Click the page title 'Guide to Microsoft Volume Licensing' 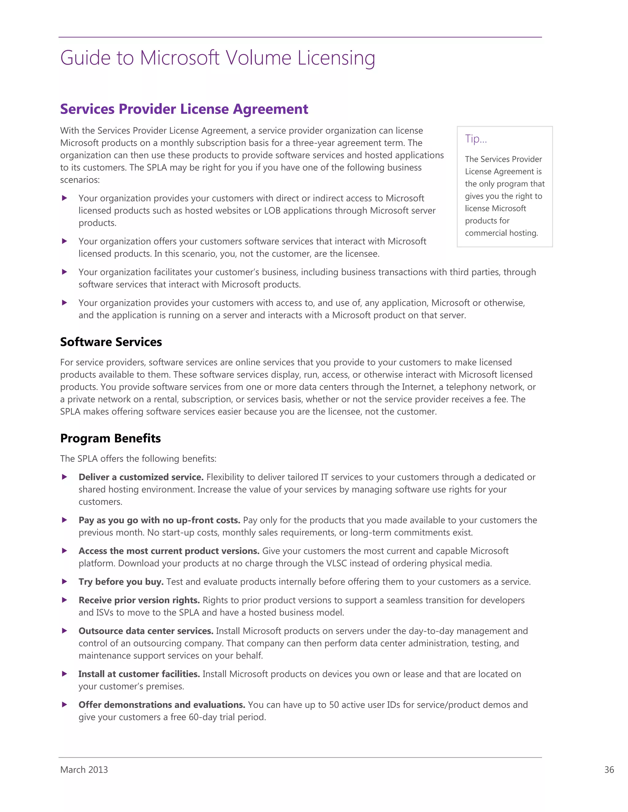pos(218,58)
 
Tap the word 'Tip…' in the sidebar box pos(476,139)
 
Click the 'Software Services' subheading pos(111,342)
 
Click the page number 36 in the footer pos(609,770)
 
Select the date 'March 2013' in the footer pos(84,770)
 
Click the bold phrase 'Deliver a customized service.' pos(141,477)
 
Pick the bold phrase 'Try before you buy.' pos(121,582)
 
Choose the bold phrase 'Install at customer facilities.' pos(139,674)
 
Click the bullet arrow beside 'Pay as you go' pos(64,520)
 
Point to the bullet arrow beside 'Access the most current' pos(64,551)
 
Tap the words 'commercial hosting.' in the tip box pos(501,233)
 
